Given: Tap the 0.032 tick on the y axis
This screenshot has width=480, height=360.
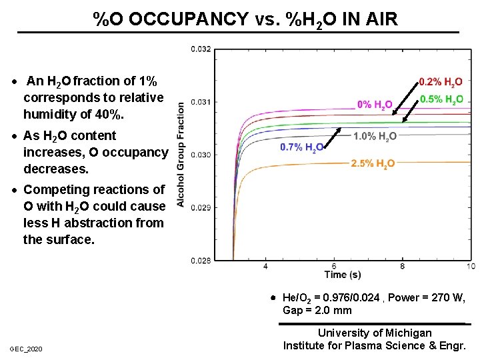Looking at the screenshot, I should [201, 49].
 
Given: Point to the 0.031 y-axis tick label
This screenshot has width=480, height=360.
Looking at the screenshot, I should [201, 101].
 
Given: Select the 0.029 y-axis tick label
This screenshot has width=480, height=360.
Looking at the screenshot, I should [201, 207].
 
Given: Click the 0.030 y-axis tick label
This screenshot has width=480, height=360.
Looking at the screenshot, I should [201, 155].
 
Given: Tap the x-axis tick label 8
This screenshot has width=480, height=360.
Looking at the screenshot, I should [403, 266].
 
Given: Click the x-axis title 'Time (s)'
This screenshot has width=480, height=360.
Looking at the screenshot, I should [343, 274].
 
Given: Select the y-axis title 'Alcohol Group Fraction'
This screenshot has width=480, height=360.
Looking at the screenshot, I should [181, 154].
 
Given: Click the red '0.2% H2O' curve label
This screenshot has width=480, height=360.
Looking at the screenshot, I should [440, 83].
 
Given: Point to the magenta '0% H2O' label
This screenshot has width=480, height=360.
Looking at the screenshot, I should [375, 105].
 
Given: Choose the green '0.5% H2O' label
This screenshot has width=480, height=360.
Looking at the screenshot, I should [441, 100].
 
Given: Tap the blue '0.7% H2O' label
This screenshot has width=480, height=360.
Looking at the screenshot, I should [302, 147].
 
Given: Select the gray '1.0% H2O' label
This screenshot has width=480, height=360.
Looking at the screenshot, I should [375, 137].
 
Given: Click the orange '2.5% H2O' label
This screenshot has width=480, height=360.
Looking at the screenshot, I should [373, 163].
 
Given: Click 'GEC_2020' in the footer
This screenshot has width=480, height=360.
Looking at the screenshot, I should [26, 349].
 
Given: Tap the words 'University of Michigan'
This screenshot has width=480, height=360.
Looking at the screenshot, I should [374, 333].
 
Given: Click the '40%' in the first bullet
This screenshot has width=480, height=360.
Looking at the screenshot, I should [108, 114].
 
